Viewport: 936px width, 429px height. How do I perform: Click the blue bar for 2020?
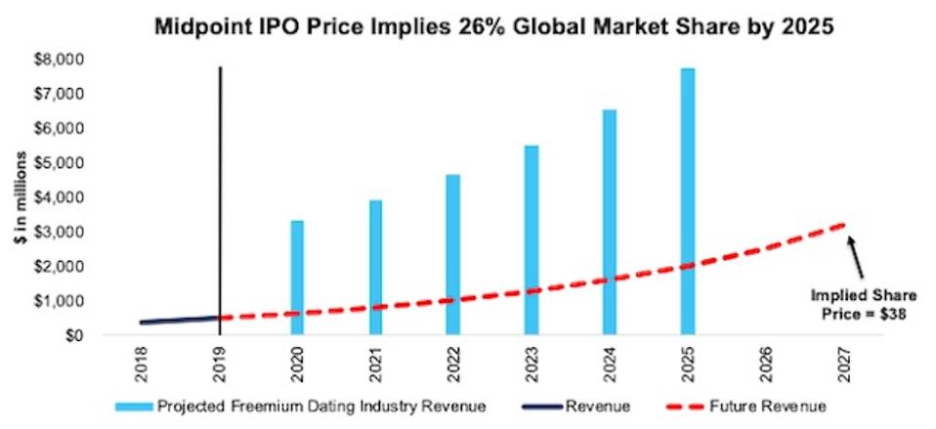[297, 278]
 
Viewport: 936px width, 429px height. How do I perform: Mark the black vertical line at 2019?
[220, 195]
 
